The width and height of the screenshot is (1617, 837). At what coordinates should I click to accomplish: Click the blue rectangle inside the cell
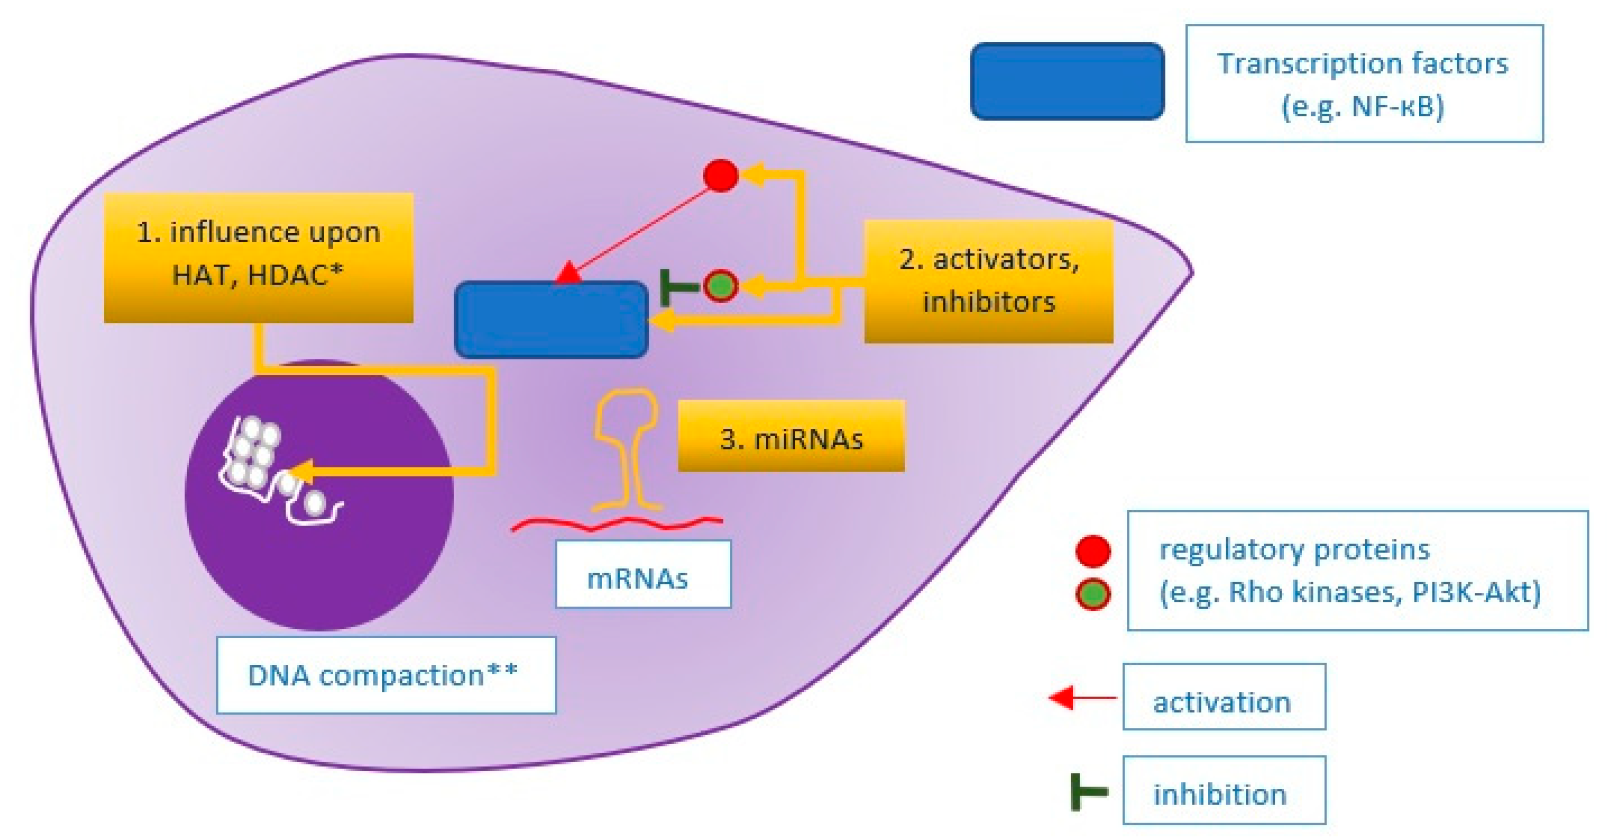[x=551, y=320]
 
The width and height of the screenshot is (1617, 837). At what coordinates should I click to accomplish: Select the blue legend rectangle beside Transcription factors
[x=1067, y=81]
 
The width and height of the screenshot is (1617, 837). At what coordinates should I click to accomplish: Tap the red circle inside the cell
[x=721, y=175]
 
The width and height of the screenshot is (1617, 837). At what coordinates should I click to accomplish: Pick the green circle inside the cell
[x=721, y=286]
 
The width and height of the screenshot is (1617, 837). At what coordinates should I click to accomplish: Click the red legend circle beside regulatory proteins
[x=1093, y=551]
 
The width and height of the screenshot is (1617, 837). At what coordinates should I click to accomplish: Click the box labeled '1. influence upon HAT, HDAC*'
[x=259, y=258]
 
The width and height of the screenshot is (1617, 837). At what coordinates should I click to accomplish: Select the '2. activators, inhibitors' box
[x=988, y=281]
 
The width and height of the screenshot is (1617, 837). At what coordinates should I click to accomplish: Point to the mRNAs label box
[x=643, y=575]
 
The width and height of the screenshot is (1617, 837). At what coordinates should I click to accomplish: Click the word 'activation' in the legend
[x=1222, y=702]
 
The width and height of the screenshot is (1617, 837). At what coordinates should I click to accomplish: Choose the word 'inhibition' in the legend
[x=1220, y=794]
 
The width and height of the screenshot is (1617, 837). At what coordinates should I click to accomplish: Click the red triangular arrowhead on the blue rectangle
[x=568, y=273]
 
